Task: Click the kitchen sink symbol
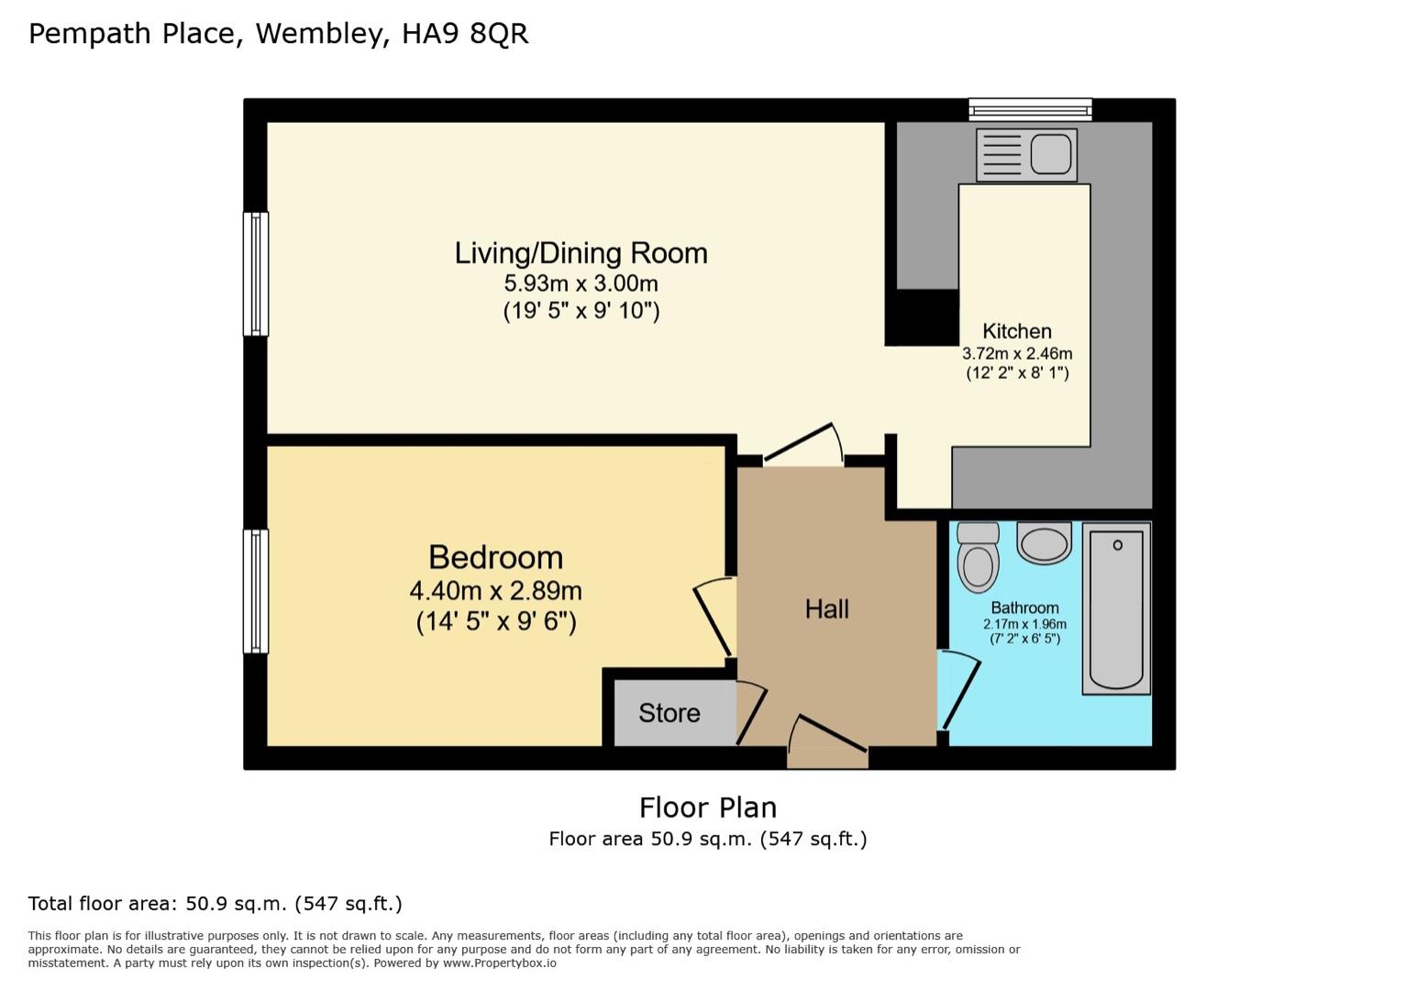1026,154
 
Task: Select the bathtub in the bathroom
1116,608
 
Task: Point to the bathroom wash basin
1044,543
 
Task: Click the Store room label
669,713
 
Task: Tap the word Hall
826,609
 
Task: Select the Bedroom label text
495,558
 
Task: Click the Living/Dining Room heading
581,253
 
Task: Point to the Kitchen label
1016,331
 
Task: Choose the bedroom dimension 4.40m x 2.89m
495,591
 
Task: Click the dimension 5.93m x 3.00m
581,284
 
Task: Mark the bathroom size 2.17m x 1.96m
1024,624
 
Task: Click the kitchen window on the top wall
1030,110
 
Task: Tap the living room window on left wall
255,273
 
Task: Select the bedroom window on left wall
255,591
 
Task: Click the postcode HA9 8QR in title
465,34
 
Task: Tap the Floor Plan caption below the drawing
707,807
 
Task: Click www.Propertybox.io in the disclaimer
499,963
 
